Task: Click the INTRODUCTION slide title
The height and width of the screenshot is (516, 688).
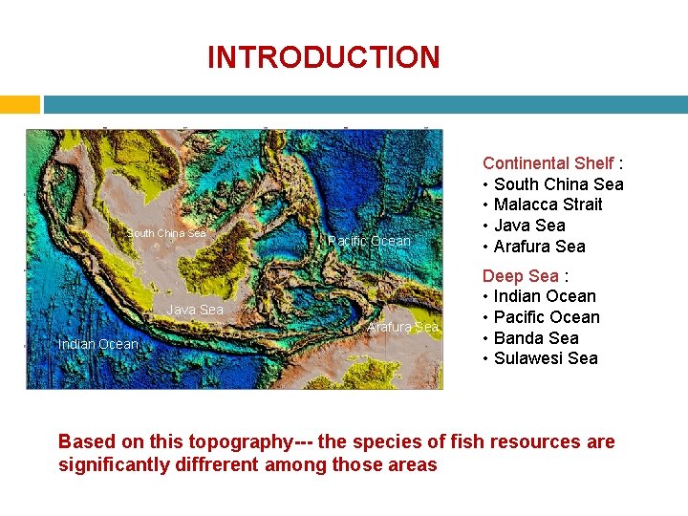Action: tap(323, 57)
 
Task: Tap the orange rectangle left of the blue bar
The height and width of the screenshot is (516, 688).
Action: tap(19, 104)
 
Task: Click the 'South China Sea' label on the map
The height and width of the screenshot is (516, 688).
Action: tap(167, 233)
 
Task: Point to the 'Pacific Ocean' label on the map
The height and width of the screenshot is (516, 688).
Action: tap(369, 241)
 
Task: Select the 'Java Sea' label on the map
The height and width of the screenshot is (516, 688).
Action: tap(195, 309)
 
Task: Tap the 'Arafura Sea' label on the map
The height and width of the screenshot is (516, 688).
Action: tap(402, 327)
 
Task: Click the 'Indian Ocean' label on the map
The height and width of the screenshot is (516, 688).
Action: tap(98, 343)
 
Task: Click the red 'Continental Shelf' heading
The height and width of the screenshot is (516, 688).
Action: tap(548, 163)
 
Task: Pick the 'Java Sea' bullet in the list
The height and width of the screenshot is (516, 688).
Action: tap(529, 226)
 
